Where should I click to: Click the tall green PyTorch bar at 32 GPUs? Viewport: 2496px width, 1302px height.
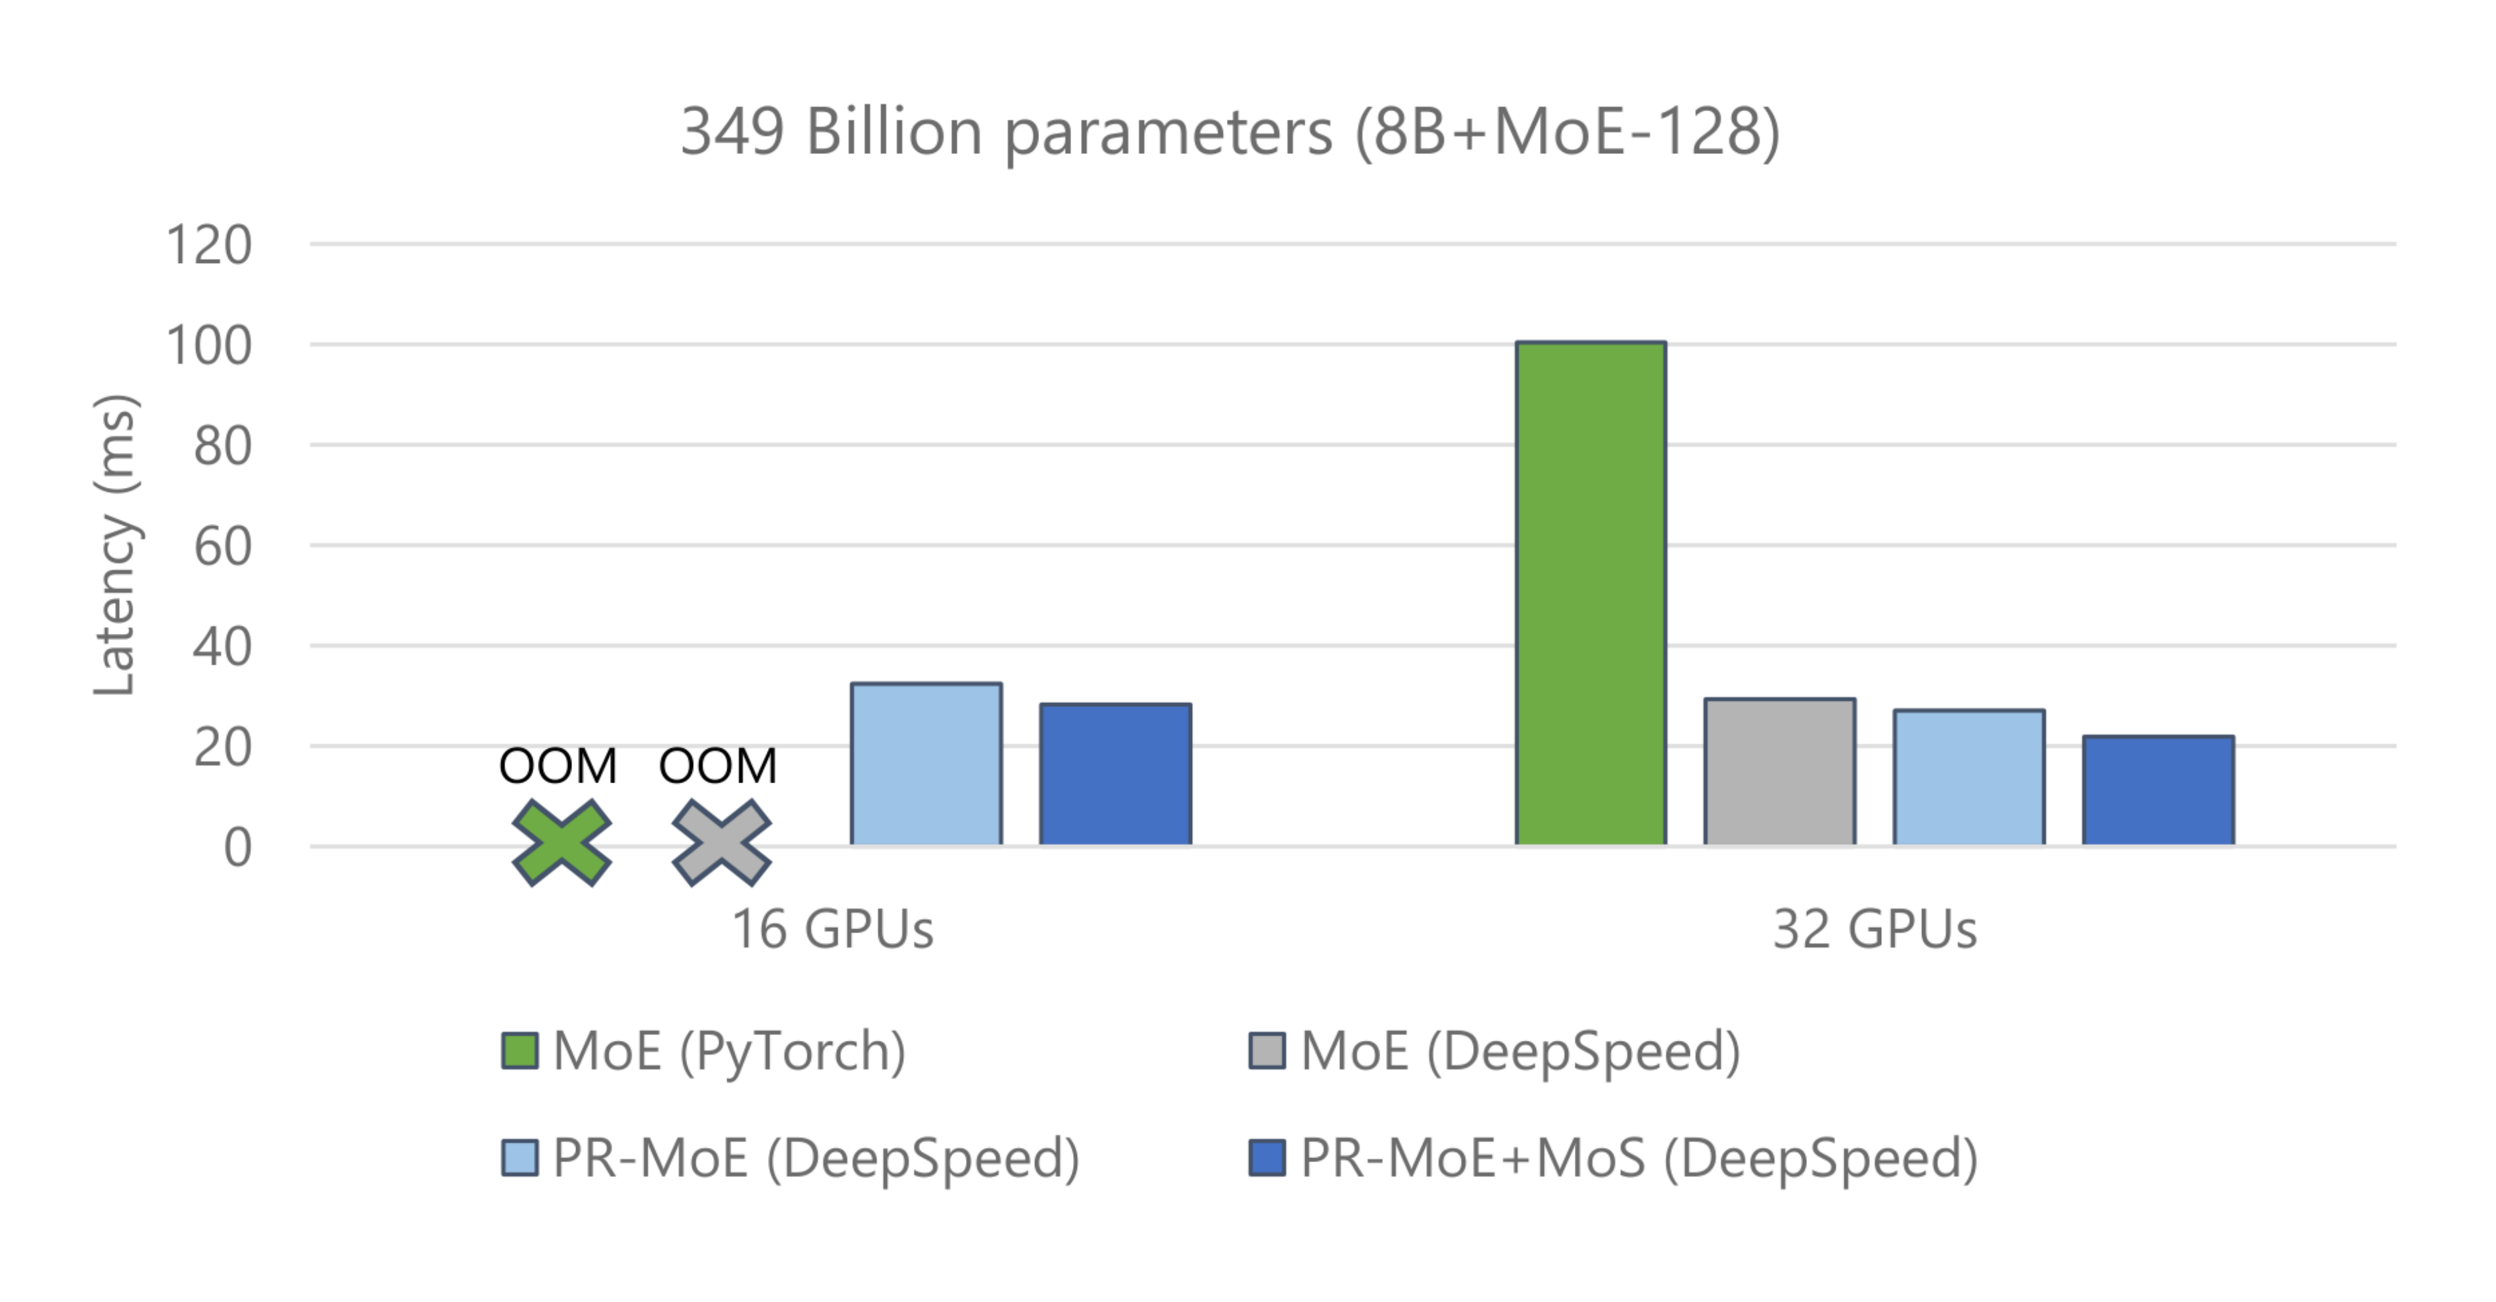tap(1590, 593)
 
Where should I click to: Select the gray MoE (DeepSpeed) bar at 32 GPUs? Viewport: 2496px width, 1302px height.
tap(1779, 771)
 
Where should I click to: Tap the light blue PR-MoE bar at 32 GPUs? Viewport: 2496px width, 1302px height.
tap(1969, 777)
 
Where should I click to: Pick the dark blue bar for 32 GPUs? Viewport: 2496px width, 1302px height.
tap(2158, 790)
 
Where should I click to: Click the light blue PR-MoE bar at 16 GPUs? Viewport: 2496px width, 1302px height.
tap(925, 763)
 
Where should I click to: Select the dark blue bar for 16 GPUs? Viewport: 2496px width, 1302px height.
tap(1115, 774)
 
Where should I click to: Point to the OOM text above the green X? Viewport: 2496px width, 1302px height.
tap(557, 766)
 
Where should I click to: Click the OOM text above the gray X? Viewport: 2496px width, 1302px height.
tap(718, 766)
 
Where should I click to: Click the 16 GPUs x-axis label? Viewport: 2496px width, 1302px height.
tap(831, 929)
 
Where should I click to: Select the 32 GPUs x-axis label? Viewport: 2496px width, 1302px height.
tap(1874, 929)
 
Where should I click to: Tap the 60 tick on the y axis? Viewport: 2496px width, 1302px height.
tap(223, 546)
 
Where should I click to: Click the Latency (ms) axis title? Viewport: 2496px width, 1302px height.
tap(114, 544)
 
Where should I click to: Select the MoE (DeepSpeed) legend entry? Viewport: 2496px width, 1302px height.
tap(1497, 1051)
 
